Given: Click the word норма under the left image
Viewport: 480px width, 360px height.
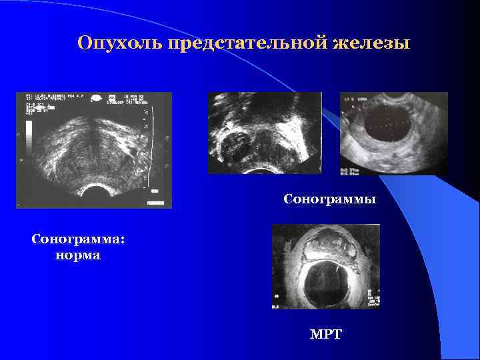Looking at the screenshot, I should click(x=79, y=255).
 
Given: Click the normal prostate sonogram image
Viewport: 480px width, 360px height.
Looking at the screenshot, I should click(x=94, y=149).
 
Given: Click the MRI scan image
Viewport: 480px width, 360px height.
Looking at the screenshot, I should click(x=326, y=266).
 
